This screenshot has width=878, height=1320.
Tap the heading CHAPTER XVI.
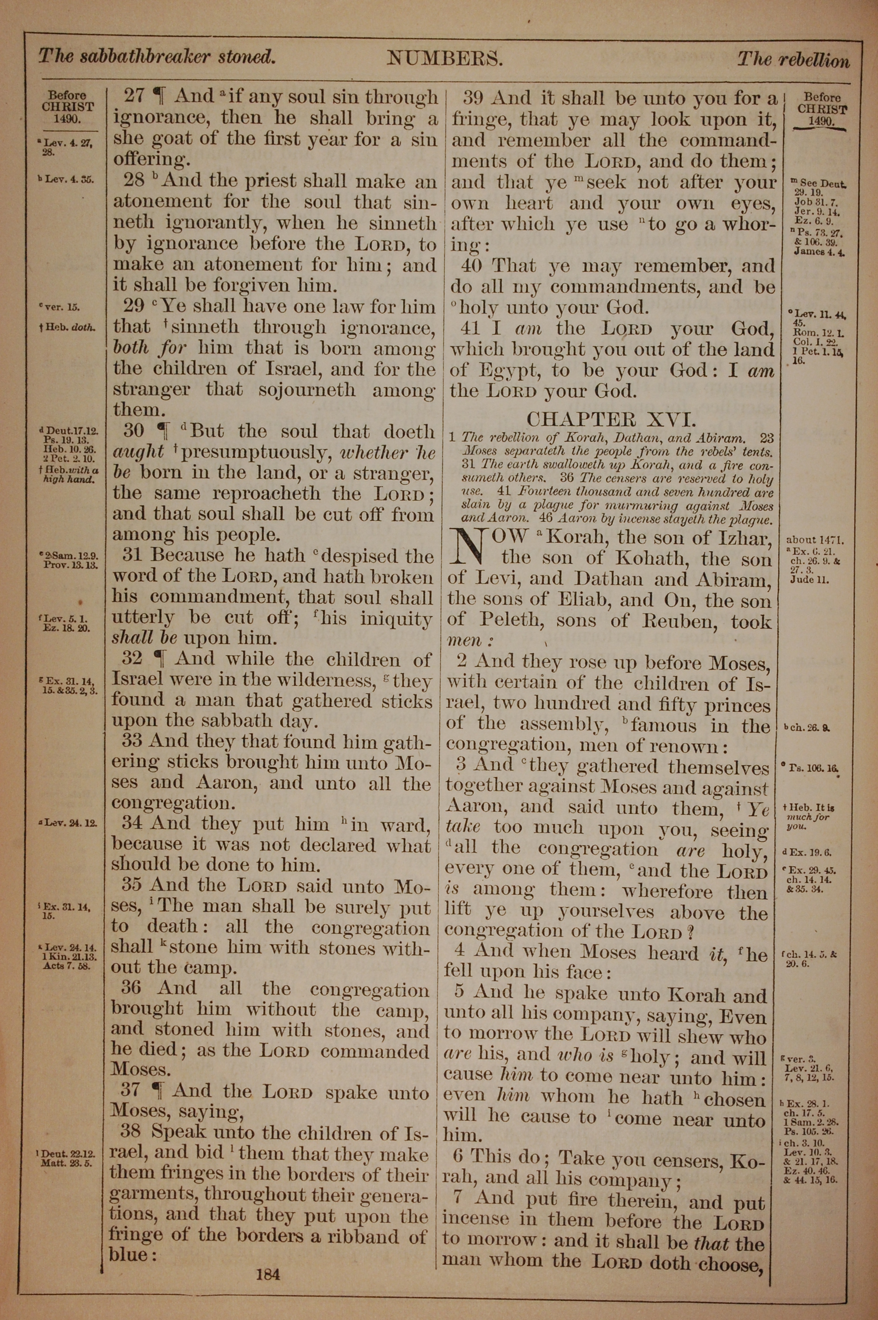click(x=612, y=419)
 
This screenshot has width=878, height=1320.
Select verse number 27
click(x=134, y=96)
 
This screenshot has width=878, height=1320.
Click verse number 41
click(x=471, y=328)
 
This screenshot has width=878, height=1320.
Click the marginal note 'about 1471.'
click(x=815, y=540)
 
